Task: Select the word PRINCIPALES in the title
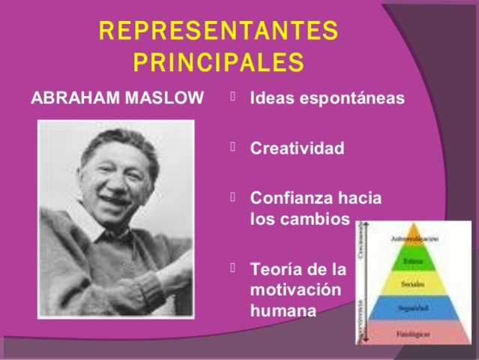coord(218,61)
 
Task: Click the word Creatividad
coord(297,148)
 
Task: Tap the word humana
coord(279,308)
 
